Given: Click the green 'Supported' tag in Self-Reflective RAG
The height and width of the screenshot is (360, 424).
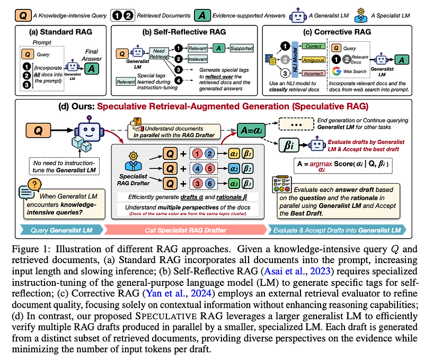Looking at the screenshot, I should pos(242,49).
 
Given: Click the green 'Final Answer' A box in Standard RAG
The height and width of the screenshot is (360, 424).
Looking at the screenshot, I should pos(92,67).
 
